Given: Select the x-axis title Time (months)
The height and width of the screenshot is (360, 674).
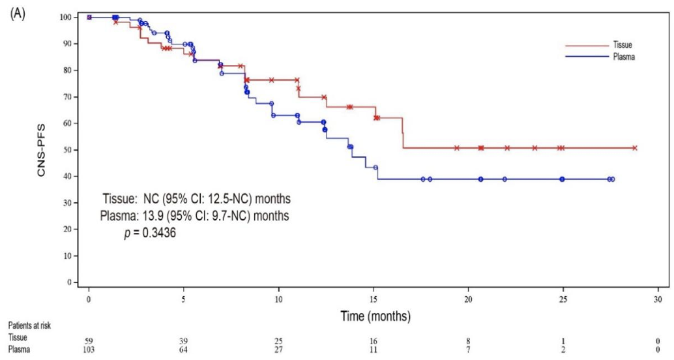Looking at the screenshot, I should pos(375,316).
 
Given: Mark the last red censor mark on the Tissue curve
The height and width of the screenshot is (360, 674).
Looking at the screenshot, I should pos(634,148).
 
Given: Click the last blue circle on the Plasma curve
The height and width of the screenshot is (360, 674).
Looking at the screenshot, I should pos(612,179).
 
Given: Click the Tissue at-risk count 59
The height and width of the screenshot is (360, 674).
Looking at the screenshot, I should pos(89,340).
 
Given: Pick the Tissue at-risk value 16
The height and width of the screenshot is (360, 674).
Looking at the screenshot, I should pos(374,340).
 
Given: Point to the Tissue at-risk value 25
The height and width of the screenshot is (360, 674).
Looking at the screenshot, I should pos(278,340).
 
